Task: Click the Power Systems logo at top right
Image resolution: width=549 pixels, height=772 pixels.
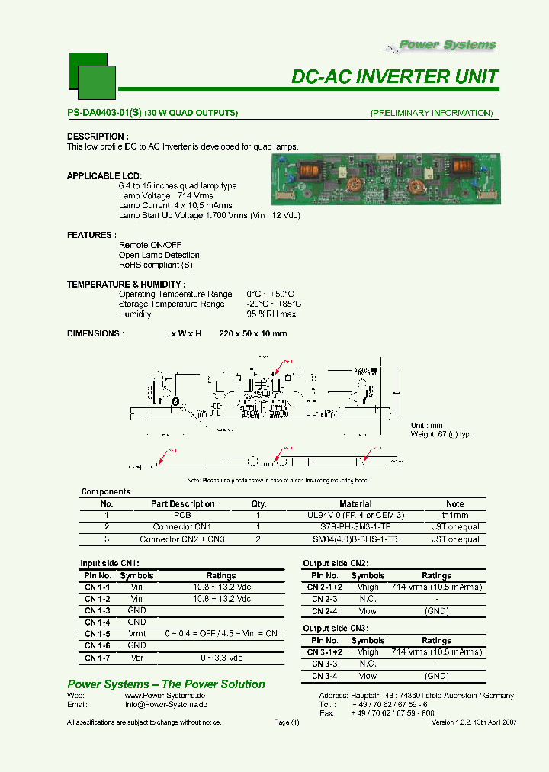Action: tap(447, 45)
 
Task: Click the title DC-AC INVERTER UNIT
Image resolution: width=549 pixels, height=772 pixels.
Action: tap(395, 76)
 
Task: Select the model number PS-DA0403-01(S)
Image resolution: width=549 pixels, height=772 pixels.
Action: tap(104, 113)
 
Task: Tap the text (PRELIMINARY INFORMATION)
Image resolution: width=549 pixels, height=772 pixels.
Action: tap(431, 113)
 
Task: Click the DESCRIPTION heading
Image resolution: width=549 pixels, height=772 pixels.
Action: tap(95, 137)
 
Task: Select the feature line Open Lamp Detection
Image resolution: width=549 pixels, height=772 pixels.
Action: tap(159, 255)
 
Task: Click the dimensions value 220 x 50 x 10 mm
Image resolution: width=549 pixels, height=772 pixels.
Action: tap(252, 333)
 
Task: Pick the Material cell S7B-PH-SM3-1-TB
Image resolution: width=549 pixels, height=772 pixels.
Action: tap(355, 527)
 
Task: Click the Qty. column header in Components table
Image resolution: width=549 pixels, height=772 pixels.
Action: tap(258, 503)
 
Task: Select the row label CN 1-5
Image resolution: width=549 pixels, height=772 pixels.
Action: tap(97, 634)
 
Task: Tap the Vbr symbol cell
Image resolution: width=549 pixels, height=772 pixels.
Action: tap(136, 658)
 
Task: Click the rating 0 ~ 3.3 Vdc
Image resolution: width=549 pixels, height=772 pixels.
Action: tap(221, 658)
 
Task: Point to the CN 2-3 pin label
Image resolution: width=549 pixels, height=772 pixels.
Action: tap(325, 600)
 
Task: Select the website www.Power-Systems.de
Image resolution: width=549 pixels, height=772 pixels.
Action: tap(165, 696)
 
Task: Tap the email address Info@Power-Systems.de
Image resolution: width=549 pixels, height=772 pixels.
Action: tap(165, 705)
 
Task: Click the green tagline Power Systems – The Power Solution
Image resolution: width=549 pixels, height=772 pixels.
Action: tap(166, 684)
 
